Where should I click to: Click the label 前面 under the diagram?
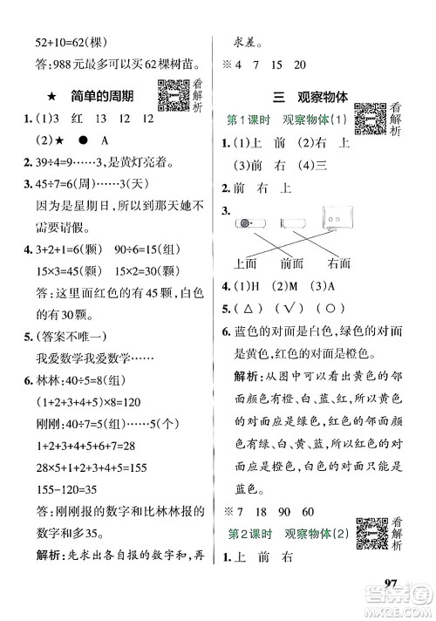coord(296,263)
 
